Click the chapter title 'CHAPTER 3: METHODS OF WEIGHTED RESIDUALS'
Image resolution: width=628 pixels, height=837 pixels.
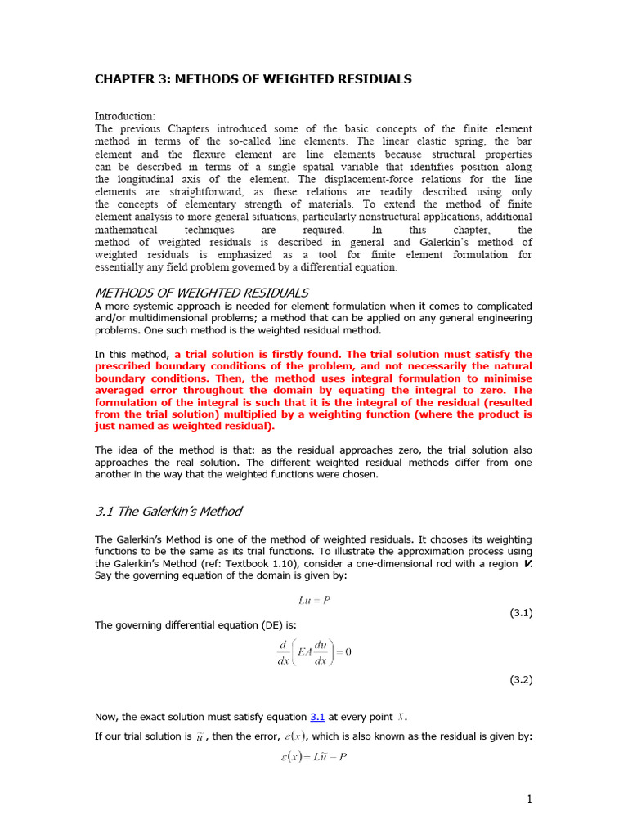253,79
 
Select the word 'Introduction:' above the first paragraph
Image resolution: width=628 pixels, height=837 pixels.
124,116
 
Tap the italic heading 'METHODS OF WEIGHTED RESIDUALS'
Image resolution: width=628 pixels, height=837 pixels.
202,293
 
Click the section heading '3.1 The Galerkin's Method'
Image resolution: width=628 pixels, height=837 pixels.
168,511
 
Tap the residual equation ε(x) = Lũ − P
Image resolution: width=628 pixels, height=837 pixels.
314,757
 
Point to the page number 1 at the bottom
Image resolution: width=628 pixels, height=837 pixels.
529,799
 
